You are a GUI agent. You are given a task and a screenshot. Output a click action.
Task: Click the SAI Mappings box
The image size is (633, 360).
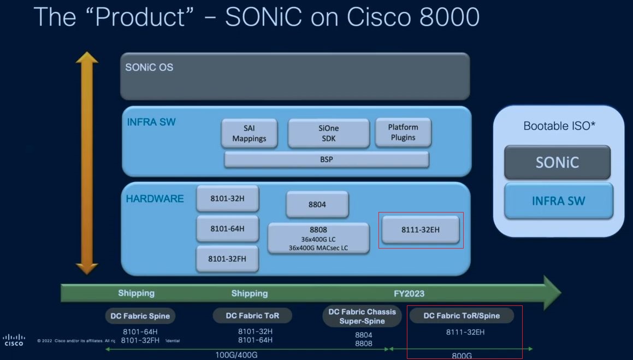click(249, 133)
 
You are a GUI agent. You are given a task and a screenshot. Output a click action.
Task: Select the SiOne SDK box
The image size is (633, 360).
click(328, 133)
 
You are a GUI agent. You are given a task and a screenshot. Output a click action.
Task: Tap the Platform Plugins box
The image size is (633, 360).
click(403, 132)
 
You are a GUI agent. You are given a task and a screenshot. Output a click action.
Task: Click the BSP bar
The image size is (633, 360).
click(327, 160)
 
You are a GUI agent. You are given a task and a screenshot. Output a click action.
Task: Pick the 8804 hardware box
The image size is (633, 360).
click(317, 204)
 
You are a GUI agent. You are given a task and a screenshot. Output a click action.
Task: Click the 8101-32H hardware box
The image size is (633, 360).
click(227, 199)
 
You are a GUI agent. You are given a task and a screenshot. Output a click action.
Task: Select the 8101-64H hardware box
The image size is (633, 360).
click(227, 229)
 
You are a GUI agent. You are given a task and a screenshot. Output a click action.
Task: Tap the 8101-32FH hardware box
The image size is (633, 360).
click(227, 258)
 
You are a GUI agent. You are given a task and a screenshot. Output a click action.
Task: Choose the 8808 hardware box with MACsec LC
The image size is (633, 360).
click(318, 239)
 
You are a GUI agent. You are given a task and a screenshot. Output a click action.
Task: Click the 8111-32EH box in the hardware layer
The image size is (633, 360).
click(420, 229)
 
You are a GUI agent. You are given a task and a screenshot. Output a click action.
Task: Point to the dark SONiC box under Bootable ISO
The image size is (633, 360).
click(557, 162)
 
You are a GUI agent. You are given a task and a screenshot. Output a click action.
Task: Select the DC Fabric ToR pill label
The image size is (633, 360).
click(252, 315)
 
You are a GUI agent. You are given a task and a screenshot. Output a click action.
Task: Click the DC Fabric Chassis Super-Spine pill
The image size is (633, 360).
click(362, 316)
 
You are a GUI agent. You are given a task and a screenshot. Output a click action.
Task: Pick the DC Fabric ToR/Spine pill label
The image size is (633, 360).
click(462, 315)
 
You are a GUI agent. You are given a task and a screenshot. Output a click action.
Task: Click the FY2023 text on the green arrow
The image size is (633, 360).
click(409, 293)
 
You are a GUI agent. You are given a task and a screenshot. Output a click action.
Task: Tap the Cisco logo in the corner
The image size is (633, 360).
click(14, 340)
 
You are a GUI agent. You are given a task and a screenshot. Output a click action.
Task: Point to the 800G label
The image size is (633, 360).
click(461, 356)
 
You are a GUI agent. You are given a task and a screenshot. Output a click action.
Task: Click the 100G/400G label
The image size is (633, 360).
click(236, 355)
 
